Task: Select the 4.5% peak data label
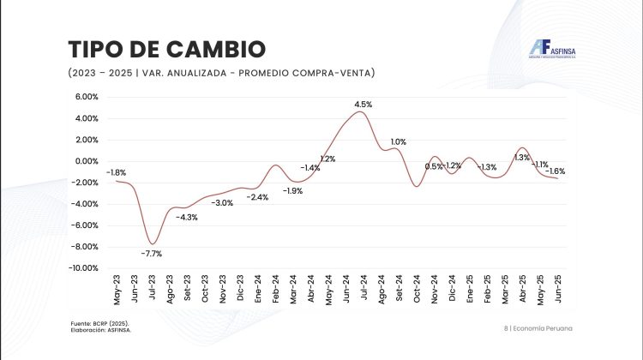tap(364, 104)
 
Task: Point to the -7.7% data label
tap(153, 253)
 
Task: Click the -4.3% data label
tap(187, 218)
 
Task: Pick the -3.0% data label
tap(223, 202)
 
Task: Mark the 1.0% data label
tap(398, 141)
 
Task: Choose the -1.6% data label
tap(556, 171)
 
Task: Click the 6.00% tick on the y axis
tap(87, 97)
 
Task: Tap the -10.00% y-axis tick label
tap(85, 268)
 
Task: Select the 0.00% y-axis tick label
tap(87, 161)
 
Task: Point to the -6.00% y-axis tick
tap(86, 225)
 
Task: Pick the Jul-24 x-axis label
tap(364, 287)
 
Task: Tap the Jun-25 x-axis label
tap(556, 287)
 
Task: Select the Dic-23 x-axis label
tap(241, 287)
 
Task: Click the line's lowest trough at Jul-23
tap(153, 243)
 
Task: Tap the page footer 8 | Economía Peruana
tap(538, 329)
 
